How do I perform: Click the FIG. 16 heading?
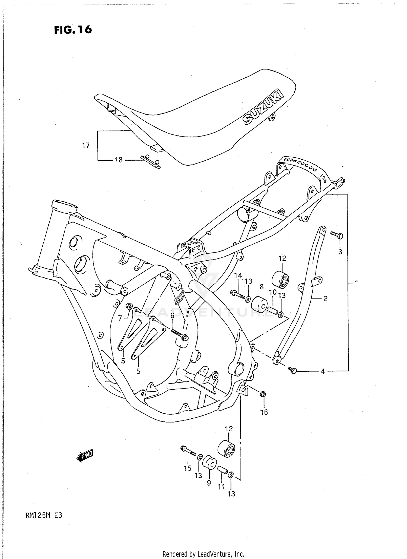pos(73,30)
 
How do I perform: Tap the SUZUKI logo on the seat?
pos(263,106)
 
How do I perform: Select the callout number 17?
pos(86,146)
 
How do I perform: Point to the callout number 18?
pos(119,160)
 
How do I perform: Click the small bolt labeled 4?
pos(293,370)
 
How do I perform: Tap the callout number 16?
pos(264,412)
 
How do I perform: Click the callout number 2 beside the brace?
pos(325,299)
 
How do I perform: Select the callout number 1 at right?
pos(357,283)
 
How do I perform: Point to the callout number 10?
pos(272,292)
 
